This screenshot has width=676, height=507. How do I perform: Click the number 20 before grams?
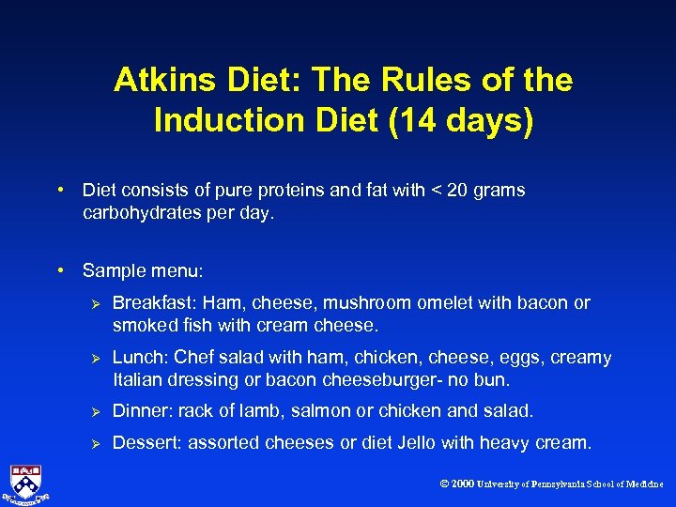point(457,191)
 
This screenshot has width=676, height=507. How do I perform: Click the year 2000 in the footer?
point(462,484)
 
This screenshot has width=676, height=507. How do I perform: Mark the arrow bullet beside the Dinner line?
point(93,412)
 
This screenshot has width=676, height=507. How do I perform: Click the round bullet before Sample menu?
point(61,270)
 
